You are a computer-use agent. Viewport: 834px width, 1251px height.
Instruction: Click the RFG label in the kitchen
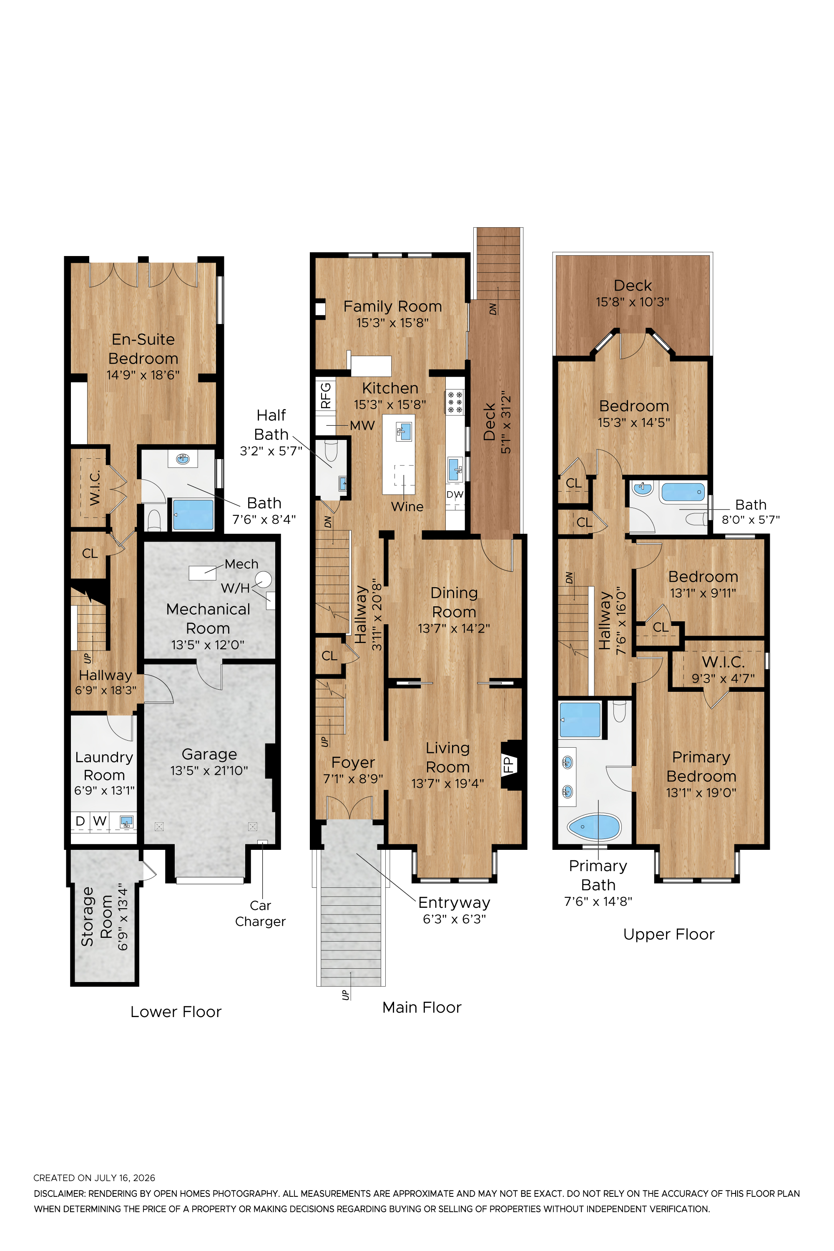(326, 395)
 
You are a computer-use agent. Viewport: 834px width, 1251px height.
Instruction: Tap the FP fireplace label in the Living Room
(508, 765)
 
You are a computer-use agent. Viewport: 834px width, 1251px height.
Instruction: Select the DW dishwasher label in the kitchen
(455, 494)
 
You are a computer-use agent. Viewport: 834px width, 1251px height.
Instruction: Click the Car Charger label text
(260, 913)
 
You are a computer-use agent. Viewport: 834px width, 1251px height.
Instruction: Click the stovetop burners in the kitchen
(455, 402)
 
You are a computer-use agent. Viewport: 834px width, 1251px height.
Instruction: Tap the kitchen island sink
(404, 431)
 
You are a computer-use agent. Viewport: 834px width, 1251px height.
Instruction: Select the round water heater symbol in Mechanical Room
(263, 579)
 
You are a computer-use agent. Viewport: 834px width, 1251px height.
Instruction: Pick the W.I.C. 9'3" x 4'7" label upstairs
(723, 670)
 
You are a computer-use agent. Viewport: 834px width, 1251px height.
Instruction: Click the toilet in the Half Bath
(331, 450)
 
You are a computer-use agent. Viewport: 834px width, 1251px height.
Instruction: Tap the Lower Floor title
(176, 1012)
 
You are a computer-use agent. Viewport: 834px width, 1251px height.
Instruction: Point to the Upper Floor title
(668, 934)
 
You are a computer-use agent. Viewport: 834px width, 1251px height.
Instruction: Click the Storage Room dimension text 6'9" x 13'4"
(123, 917)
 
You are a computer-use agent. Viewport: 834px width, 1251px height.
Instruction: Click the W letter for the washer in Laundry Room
(100, 821)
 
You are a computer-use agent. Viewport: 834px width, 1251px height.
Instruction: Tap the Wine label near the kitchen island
(407, 506)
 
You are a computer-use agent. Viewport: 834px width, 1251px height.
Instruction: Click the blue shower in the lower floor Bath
(193, 514)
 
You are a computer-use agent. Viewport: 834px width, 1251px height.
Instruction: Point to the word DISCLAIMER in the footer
(59, 1193)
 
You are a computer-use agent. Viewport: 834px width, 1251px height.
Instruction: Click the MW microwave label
(362, 425)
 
